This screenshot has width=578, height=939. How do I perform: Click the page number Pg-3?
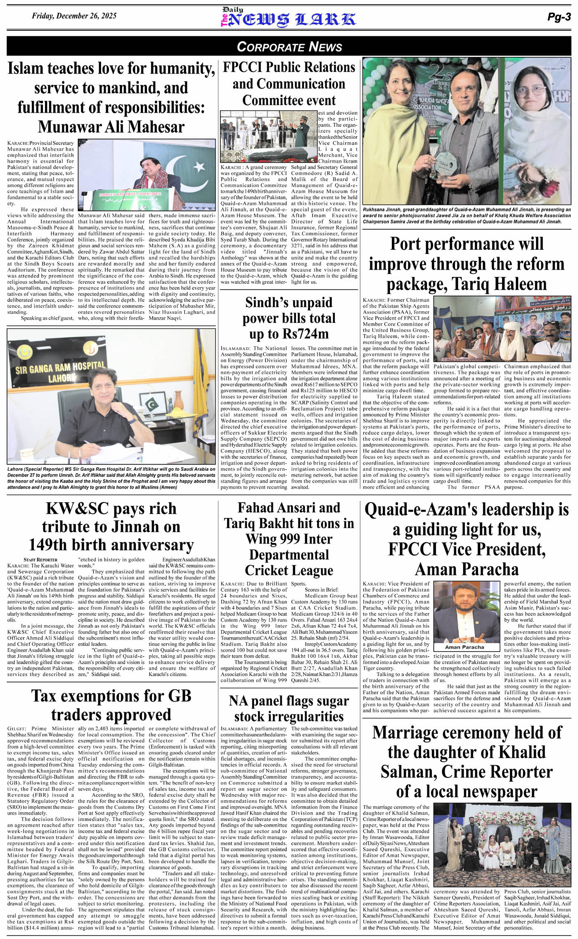pos(559,17)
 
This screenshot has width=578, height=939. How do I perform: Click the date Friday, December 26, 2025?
pos(74,16)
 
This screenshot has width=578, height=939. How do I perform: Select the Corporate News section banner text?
pos(289,46)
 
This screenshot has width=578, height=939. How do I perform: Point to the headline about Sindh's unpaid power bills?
pos(289,318)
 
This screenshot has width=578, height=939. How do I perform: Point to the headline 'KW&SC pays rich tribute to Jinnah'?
pos(111,527)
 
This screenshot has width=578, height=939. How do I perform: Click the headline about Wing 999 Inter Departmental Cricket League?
pos(289,539)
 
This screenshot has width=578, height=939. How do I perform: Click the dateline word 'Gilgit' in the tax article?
pos(17,729)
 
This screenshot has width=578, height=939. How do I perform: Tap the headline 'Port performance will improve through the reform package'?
pos(467,264)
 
